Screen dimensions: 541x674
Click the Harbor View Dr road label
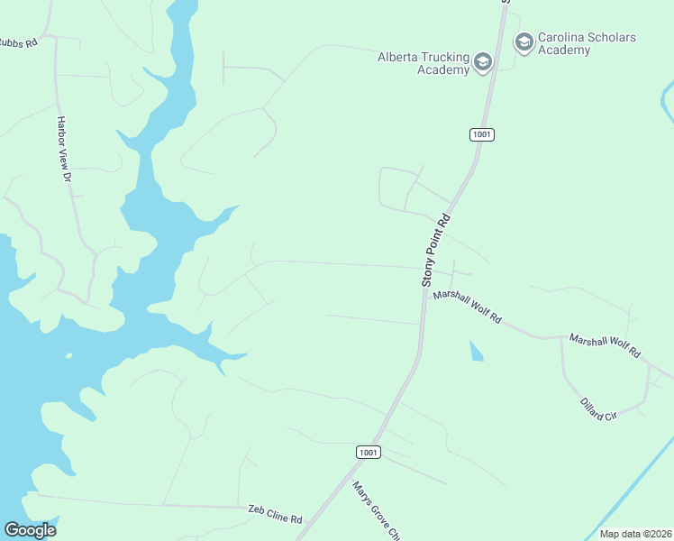pyautogui.click(x=63, y=150)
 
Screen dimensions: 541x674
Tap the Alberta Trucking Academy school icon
pyautogui.click(x=482, y=62)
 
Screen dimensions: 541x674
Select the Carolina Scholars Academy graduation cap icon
pyautogui.click(x=524, y=42)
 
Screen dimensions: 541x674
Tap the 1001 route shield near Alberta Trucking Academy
pyautogui.click(x=482, y=134)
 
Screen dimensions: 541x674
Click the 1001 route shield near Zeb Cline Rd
pyautogui.click(x=368, y=452)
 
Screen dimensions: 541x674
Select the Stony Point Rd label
pyautogui.click(x=435, y=252)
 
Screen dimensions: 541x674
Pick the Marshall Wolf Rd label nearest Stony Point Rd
pyautogui.click(x=467, y=307)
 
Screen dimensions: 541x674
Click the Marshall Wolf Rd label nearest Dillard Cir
pyautogui.click(x=604, y=345)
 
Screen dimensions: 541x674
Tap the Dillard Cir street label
pyautogui.click(x=597, y=403)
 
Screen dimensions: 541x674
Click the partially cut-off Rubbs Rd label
pyautogui.click(x=18, y=42)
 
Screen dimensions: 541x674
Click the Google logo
pyautogui.click(x=30, y=530)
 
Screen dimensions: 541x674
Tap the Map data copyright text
pyautogui.click(x=634, y=534)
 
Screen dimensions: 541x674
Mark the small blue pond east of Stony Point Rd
pyautogui.click(x=476, y=351)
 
